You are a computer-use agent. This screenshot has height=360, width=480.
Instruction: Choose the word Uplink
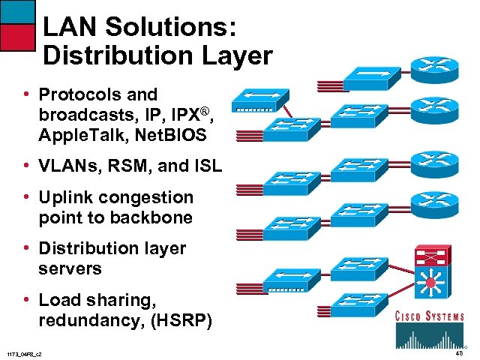point(66,198)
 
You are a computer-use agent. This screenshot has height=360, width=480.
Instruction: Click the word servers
point(70,268)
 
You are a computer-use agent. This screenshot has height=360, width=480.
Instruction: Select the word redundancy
point(92,322)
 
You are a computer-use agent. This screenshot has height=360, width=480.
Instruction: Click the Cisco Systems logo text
point(430,316)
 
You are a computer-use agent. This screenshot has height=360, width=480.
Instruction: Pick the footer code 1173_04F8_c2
point(24,353)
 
